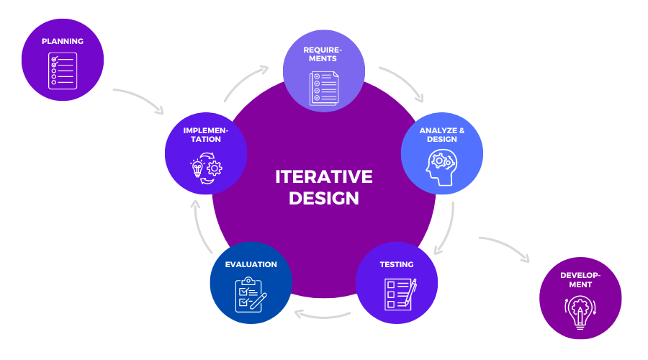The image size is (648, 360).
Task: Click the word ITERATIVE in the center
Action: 323,177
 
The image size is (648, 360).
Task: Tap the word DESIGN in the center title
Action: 323,199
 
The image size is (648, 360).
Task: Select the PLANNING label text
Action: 62,41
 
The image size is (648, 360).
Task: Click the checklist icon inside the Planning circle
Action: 62,71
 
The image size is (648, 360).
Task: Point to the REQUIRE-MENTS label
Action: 323,55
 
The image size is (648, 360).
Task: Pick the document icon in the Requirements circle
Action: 323,89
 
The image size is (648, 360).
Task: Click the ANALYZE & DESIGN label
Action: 441,135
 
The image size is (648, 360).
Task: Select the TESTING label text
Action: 397,264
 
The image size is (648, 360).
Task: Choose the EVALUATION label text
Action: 251,264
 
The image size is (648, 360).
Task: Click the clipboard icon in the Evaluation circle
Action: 250,294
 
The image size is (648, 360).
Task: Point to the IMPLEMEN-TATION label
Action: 206,135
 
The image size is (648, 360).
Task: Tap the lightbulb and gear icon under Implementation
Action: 206,168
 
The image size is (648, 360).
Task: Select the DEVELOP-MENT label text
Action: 580,280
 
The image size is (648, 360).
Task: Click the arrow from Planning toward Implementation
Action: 138,99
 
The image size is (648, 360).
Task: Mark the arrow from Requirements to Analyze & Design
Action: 405,83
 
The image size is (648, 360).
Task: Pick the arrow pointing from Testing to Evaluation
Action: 324,315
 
